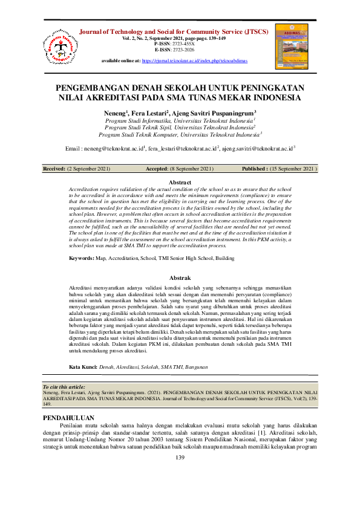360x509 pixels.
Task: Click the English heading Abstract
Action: point(180,182)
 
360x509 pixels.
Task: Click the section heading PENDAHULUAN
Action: point(70,418)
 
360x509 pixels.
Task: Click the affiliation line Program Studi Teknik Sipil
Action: point(179,128)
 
